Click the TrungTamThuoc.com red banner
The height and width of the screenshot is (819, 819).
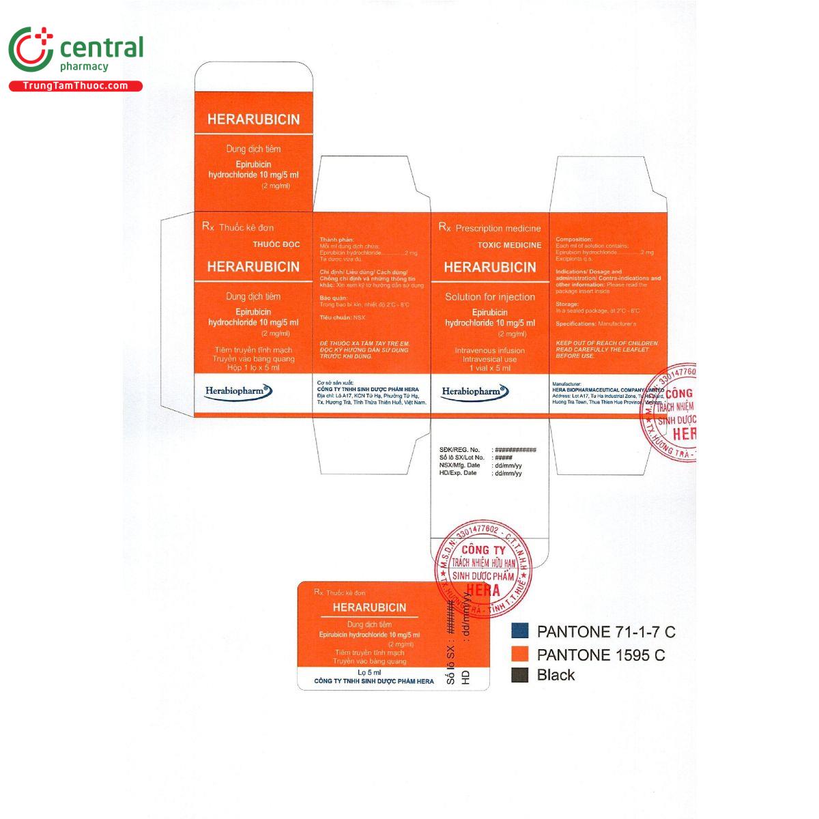[x=75, y=86]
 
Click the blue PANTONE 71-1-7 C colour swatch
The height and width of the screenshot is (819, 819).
[x=520, y=631]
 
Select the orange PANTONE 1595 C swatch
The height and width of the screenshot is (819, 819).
[x=520, y=654]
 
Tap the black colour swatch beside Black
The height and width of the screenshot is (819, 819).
[x=520, y=675]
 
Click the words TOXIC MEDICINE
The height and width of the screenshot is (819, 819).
[x=509, y=245]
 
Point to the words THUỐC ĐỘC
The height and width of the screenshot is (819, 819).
[x=276, y=244]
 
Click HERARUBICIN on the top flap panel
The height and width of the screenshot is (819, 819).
[x=253, y=119]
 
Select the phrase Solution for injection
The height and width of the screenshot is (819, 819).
[x=490, y=297]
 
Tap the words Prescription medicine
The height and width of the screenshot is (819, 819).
[x=498, y=229]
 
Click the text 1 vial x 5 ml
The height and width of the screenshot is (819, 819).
[x=490, y=368]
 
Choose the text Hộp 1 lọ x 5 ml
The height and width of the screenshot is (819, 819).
[x=253, y=367]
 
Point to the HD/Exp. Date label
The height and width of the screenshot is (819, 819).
[x=458, y=473]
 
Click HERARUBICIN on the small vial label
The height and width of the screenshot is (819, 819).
[x=369, y=607]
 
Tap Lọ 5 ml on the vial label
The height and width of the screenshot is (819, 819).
[x=369, y=672]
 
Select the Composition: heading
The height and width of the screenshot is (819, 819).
[x=574, y=240]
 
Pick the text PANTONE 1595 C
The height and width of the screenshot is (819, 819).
[x=601, y=655]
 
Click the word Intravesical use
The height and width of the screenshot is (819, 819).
[x=490, y=359]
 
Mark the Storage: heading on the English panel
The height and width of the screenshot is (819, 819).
[x=567, y=304]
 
